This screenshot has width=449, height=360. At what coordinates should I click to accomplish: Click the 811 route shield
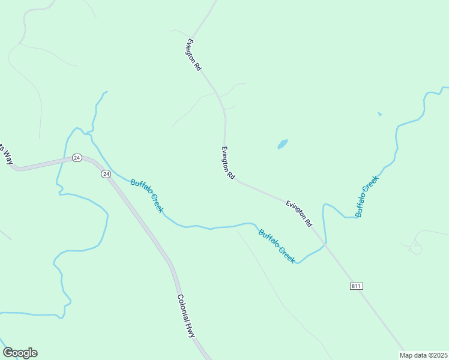click(356, 286)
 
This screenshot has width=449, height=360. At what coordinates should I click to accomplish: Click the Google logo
click(20, 353)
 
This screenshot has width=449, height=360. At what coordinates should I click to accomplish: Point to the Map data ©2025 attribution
click(424, 355)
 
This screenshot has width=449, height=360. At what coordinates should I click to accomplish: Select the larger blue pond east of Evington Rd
click(282, 144)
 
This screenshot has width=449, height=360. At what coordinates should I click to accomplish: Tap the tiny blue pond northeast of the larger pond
click(379, 113)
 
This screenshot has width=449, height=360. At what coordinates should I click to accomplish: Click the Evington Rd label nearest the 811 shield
click(299, 213)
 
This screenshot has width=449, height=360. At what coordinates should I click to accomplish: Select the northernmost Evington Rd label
click(193, 55)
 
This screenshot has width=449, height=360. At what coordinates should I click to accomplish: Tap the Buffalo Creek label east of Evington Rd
click(367, 196)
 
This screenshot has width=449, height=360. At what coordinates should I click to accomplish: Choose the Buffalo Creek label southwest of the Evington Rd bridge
click(277, 246)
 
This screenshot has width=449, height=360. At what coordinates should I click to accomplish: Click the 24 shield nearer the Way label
click(77, 157)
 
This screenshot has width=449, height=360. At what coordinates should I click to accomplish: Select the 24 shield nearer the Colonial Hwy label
click(106, 174)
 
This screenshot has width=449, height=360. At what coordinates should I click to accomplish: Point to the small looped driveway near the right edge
click(415, 247)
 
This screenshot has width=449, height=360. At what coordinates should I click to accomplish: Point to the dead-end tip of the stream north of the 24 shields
click(106, 92)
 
